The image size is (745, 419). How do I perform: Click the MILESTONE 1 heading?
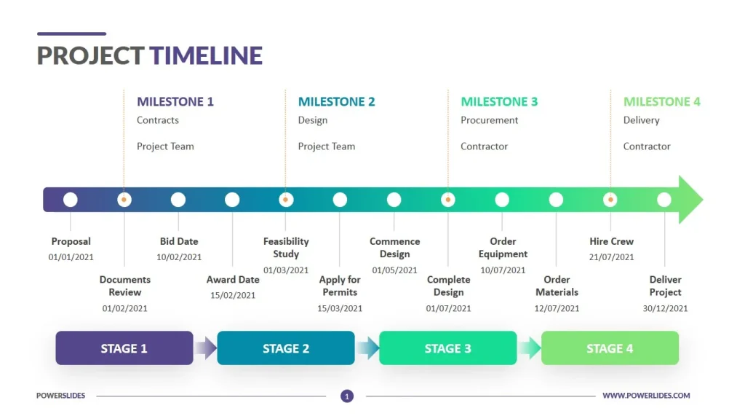[175, 102]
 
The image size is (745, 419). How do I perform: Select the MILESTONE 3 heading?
[499, 102]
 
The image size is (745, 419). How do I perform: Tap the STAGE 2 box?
[286, 348]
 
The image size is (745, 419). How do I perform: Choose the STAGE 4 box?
[610, 348]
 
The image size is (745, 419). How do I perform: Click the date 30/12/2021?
[665, 308]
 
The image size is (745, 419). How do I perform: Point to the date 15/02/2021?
[233, 295]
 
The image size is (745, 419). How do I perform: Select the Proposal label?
[71, 241]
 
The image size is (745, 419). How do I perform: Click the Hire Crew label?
[611, 241]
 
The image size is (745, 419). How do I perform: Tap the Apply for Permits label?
[340, 286]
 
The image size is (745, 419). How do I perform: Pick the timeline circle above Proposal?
[71, 199]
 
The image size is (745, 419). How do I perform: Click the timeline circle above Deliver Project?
[664, 199]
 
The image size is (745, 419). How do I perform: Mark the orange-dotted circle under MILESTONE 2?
[286, 199]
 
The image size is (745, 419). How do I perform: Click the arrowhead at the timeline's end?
[690, 199]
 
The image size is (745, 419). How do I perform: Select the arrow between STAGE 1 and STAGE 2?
[206, 348]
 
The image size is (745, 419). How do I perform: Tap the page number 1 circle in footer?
[347, 396]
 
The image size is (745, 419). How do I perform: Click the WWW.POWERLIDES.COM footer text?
[646, 396]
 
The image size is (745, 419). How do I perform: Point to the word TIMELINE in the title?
[206, 55]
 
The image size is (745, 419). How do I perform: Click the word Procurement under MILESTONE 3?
[489, 120]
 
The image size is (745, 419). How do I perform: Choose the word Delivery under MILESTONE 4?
[641, 120]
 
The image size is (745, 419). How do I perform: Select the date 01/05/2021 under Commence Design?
[394, 270]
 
